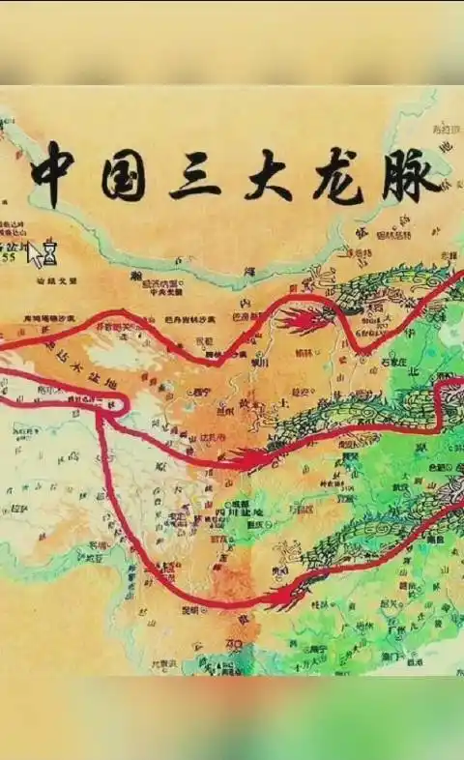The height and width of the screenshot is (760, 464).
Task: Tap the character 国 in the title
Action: pyautogui.click(x=123, y=174)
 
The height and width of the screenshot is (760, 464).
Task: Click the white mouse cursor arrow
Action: pyautogui.click(x=36, y=254)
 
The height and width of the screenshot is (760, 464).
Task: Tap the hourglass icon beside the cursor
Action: pyautogui.click(x=50, y=254)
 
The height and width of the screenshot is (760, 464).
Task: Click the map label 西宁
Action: pyautogui.click(x=201, y=393)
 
